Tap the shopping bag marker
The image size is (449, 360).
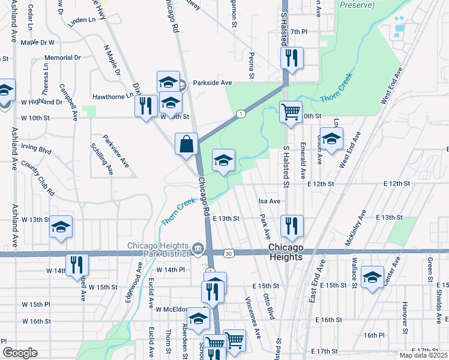tap(187, 144)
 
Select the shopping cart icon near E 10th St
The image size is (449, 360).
tap(291, 112)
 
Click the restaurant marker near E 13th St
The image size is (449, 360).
tap(292, 226)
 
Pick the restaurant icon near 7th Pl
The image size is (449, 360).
tap(292, 58)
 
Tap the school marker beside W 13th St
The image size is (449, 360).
tap(61, 227)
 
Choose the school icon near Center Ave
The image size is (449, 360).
tap(372, 277)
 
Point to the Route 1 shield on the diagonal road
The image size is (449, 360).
tap(241, 113)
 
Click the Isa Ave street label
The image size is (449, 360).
tap(270, 201)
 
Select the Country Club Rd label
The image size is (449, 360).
tap(38, 178)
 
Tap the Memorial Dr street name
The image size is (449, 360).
tap(62, 58)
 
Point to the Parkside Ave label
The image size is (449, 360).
tap(212, 83)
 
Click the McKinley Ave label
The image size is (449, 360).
tap(353, 228)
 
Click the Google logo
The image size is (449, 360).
tap(20, 353)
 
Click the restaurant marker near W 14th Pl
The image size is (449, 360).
tap(77, 265)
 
